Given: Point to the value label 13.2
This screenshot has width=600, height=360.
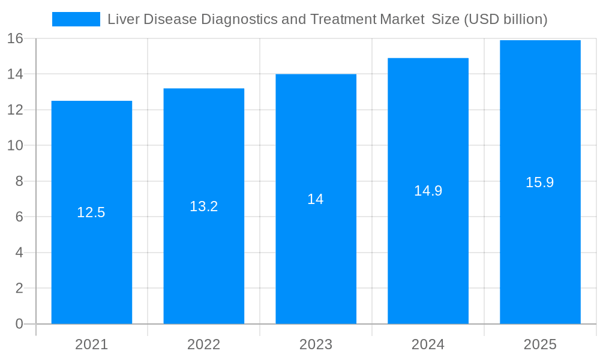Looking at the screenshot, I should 203,206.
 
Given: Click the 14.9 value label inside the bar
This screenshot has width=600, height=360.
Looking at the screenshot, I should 428,191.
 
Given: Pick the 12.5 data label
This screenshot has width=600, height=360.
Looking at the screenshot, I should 91,212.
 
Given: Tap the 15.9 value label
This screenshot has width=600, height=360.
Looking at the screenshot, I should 540,182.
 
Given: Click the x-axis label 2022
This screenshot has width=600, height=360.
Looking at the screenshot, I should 203,344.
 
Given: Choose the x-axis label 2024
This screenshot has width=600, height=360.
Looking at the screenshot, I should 428,344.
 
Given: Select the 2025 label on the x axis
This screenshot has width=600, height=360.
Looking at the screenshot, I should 540,344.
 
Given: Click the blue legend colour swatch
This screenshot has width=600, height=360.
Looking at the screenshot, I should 76,19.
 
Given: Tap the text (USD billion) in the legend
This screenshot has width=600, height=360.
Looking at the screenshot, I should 506,19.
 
